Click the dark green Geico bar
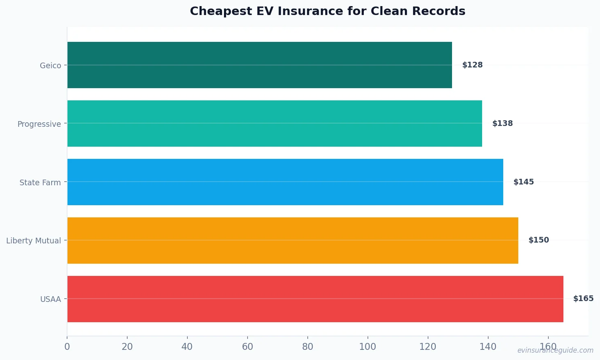click(x=259, y=65)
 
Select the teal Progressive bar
click(x=274, y=124)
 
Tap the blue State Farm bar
click(x=285, y=182)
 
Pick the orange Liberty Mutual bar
click(x=293, y=241)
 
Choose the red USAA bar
click(x=315, y=299)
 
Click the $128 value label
click(x=472, y=65)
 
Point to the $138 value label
click(x=502, y=124)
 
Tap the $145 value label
click(x=524, y=182)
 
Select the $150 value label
click(x=539, y=240)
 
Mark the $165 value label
click(x=583, y=299)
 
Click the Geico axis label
click(x=50, y=65)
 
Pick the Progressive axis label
click(x=39, y=124)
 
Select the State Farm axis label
click(x=40, y=182)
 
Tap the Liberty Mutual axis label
click(x=33, y=241)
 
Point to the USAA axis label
click(x=50, y=299)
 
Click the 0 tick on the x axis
click(x=67, y=347)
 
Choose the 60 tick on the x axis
click(x=247, y=347)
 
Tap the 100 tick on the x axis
click(x=367, y=347)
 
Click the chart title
click(x=328, y=11)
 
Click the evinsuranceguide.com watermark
click(x=555, y=350)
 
